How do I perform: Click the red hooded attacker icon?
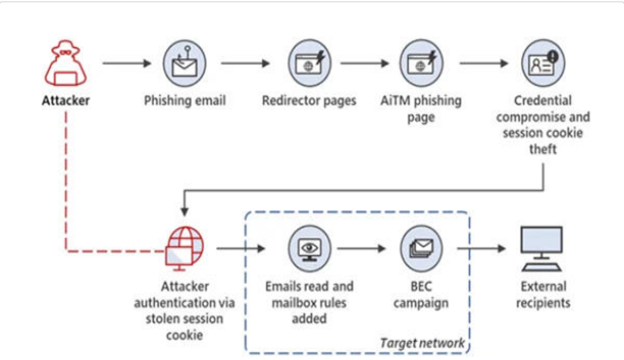[66, 63]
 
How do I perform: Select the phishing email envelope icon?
[185, 63]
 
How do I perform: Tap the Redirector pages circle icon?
[309, 63]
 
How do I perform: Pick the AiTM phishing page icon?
[421, 63]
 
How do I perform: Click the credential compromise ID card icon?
[543, 63]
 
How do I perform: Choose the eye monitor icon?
[309, 248]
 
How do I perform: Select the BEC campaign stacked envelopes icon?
[421, 248]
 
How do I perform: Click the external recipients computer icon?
[542, 249]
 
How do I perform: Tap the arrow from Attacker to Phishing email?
[127, 63]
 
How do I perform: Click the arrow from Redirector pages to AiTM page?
[365, 63]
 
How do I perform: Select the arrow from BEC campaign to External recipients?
[481, 248]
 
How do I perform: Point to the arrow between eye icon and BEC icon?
[361, 248]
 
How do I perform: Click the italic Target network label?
[423, 343]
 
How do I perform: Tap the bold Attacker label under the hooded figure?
[66, 101]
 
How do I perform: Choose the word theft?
[543, 149]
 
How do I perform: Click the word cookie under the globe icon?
[185, 335]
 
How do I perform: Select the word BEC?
[421, 286]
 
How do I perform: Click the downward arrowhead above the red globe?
[185, 212]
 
